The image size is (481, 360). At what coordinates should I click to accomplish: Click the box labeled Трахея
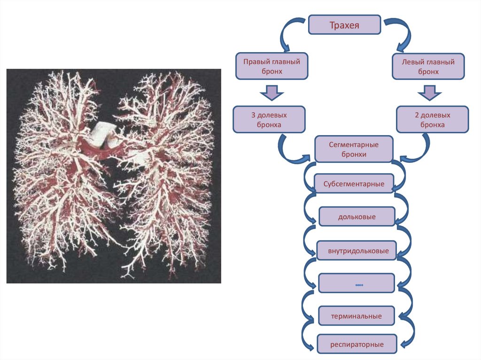click(344, 25)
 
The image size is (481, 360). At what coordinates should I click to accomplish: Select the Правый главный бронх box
click(272, 66)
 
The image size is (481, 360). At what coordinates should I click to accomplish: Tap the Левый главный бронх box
click(428, 66)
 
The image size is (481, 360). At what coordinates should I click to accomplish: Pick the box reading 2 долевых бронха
click(432, 119)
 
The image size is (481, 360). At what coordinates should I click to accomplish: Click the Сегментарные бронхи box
click(354, 149)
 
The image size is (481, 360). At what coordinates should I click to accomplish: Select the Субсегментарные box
click(354, 184)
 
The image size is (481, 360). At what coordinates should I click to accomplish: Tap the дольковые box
click(357, 217)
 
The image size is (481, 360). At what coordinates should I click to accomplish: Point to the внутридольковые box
click(357, 251)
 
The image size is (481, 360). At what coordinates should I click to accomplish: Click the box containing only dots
click(357, 284)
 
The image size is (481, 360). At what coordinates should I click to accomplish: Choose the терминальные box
click(357, 316)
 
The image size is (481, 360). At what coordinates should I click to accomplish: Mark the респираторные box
click(357, 345)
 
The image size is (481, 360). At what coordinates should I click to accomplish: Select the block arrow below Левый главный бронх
click(427, 92)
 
